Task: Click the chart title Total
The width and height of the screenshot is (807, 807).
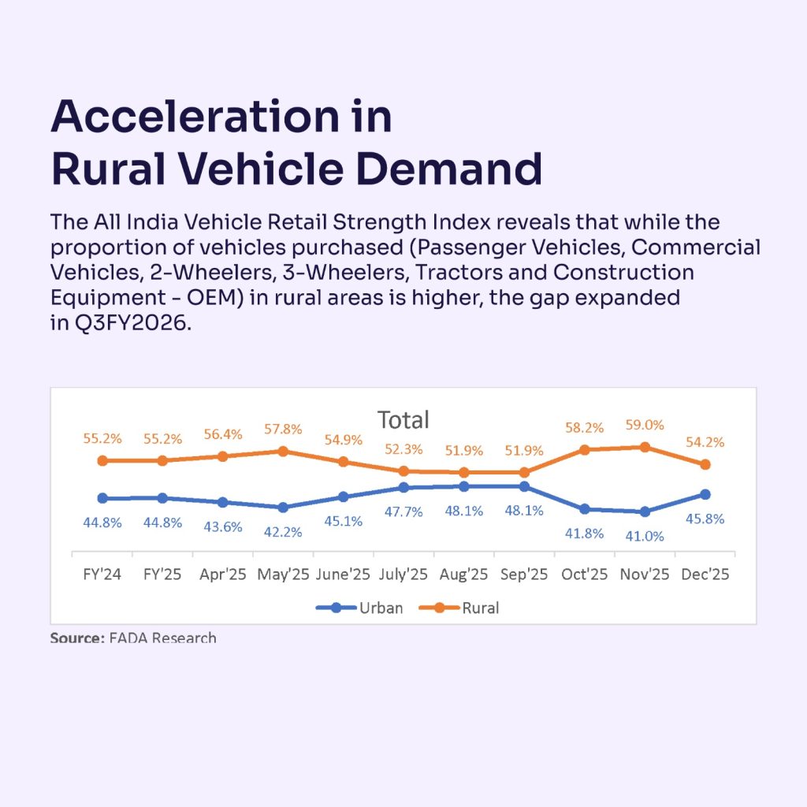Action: click(403, 419)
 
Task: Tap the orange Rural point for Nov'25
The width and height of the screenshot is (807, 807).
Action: click(645, 447)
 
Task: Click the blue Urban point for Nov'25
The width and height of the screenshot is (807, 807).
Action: click(645, 511)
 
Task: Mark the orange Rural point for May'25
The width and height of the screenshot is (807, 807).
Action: click(283, 451)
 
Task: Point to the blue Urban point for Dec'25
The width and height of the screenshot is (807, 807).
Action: click(705, 494)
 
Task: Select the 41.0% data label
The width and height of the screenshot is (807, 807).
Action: click(645, 536)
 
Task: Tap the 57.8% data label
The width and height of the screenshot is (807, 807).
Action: click(283, 429)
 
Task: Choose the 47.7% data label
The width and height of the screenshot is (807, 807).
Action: click(403, 511)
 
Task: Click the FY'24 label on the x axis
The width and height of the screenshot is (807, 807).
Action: click(102, 575)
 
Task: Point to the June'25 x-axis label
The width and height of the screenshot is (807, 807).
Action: click(343, 575)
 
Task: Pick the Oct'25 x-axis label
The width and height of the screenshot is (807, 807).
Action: click(584, 575)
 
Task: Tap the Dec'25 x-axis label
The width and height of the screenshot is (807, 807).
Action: click(705, 575)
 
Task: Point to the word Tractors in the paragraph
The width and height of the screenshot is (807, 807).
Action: click(512, 273)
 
